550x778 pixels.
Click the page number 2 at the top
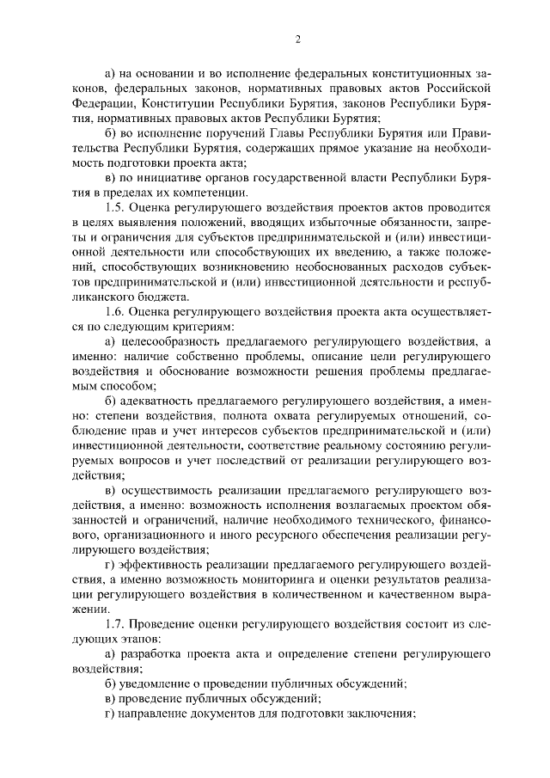(x=297, y=39)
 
